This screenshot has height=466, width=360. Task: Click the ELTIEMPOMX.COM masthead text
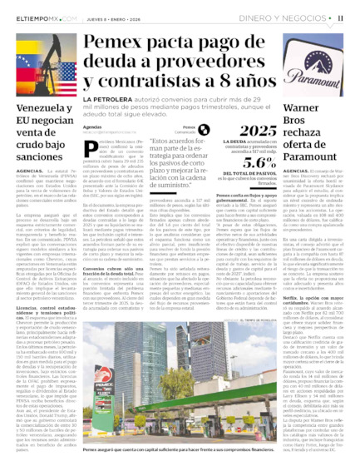(x=36, y=17)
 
